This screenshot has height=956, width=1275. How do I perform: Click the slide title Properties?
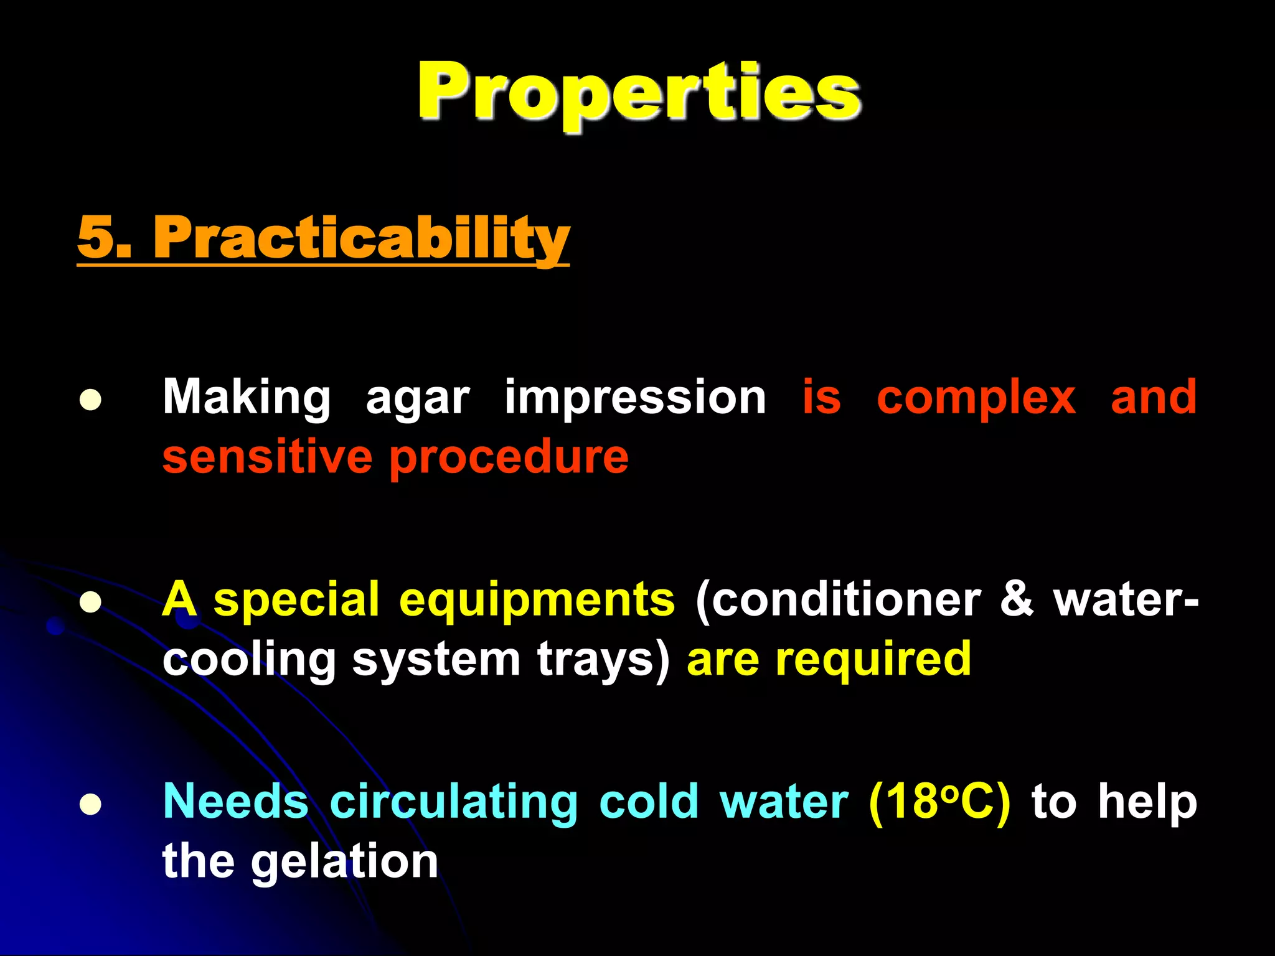(x=639, y=92)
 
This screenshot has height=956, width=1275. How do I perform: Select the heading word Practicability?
(x=361, y=238)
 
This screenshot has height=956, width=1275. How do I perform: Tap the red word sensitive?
(x=267, y=457)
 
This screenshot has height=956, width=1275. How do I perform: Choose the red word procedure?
(x=509, y=458)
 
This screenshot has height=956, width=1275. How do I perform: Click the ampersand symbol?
(x=1017, y=598)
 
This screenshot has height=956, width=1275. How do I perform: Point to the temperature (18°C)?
(x=939, y=802)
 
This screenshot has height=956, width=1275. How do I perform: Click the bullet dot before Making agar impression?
(x=90, y=400)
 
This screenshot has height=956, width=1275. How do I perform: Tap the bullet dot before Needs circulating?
(x=90, y=804)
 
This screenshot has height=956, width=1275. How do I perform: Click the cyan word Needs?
(x=235, y=802)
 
